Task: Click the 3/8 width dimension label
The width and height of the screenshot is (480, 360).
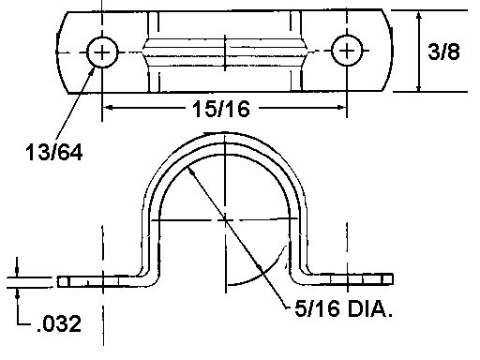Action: pyautogui.click(x=443, y=52)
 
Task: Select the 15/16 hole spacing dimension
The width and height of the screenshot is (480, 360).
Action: pyautogui.click(x=221, y=109)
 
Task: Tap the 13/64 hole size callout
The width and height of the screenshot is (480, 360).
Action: pyautogui.click(x=53, y=152)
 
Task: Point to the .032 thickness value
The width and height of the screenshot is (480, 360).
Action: pyautogui.click(x=59, y=323)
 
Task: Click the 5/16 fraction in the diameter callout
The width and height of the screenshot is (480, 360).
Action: pyautogui.click(x=317, y=308)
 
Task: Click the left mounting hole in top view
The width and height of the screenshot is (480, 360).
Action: pyautogui.click(x=102, y=52)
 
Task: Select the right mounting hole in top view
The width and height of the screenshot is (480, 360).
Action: pyautogui.click(x=347, y=51)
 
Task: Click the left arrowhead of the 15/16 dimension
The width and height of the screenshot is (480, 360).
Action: pyautogui.click(x=108, y=108)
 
